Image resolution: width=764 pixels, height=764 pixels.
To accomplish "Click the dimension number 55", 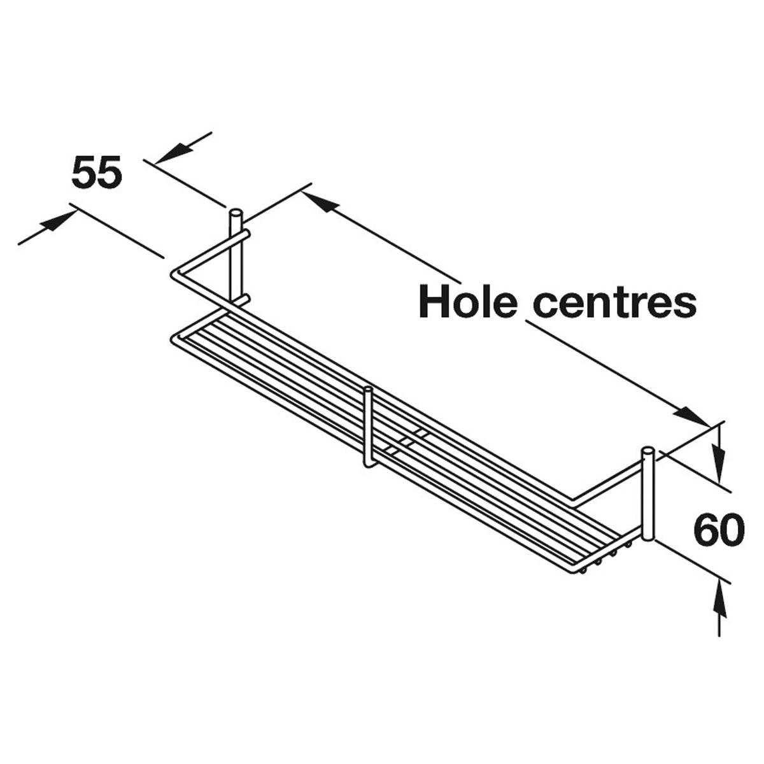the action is coord(96,172).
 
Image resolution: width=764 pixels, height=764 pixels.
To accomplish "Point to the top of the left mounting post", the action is coord(236,212).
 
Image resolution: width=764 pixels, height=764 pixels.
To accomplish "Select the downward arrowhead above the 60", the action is coord(718,462).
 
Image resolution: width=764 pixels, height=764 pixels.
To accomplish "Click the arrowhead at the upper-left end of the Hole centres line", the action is coord(320,201).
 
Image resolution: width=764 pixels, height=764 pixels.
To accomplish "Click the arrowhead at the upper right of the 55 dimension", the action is coord(174,153).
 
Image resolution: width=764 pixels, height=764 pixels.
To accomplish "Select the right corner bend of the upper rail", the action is coord(572,502).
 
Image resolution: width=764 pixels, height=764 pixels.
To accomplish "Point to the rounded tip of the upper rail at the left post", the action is coord(246,234).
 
